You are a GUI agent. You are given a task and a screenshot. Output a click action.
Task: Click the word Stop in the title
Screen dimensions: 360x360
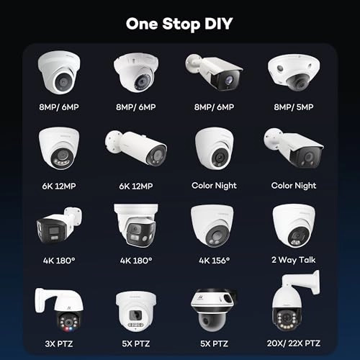coord(181,24)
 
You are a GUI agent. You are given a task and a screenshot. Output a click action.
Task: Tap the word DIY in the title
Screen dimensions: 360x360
coord(219,24)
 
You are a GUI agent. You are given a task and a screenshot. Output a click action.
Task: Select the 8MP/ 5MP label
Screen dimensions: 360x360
coord(294,107)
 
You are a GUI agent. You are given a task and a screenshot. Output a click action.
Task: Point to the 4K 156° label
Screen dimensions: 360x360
coord(214,261)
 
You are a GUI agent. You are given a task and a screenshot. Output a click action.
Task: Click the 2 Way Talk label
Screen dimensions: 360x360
coord(294,260)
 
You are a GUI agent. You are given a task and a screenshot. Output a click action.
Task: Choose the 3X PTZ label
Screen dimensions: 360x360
coord(59,343)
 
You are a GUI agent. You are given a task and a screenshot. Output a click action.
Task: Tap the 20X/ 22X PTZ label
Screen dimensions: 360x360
coord(294,343)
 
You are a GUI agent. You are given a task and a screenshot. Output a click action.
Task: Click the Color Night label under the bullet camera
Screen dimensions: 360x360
coord(294,186)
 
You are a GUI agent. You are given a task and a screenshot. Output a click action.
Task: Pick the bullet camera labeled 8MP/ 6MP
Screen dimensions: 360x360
coord(214,71)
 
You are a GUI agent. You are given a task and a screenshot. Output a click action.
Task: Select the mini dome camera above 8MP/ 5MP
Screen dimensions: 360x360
coord(294,73)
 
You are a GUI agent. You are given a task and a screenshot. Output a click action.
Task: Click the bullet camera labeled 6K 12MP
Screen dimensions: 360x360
coord(136,148)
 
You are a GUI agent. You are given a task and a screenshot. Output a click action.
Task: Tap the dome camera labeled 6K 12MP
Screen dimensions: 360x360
coord(59,148)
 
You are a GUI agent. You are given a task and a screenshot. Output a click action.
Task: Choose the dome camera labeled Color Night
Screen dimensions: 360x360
coord(215,148)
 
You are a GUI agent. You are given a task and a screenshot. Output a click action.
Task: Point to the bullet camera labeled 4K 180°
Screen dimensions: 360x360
coord(59,225)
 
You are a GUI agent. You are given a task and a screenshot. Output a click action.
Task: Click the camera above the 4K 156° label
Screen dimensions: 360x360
coord(212,225)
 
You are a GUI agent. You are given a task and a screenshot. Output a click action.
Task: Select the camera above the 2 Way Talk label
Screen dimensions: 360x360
coord(294,225)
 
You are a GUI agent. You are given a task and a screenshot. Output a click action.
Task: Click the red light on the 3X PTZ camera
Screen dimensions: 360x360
coord(66,328)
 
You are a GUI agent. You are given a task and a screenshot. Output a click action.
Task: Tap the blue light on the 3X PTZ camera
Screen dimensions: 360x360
coord(71,328)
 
